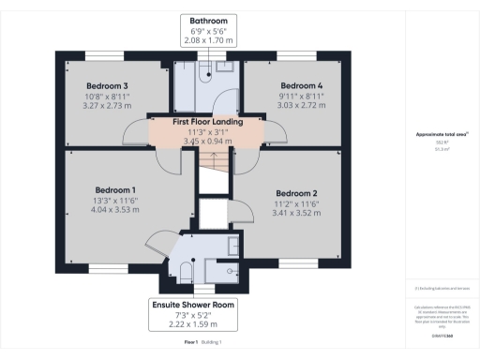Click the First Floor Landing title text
pyautogui.click(x=208, y=122)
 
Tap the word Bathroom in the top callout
pyautogui.click(x=208, y=20)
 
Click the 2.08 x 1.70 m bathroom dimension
pyautogui.click(x=208, y=42)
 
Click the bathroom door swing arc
pyautogui.click(x=216, y=101)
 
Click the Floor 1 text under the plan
pyautogui.click(x=192, y=343)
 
